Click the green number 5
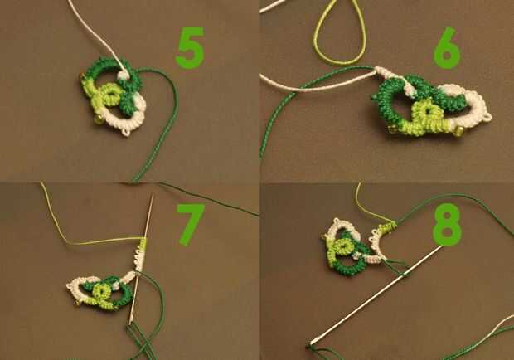click(x=190, y=48)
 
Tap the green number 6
click(x=447, y=48)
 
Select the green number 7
click(x=191, y=224)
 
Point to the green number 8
click(x=447, y=224)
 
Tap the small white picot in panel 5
click(x=126, y=132)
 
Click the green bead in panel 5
click(x=97, y=119)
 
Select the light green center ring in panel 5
click(x=112, y=93)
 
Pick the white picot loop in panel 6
click(x=487, y=117)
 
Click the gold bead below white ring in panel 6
click(x=458, y=132)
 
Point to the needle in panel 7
click(x=141, y=259)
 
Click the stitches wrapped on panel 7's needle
click(x=140, y=254)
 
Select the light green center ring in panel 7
click(x=101, y=290)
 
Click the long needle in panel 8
click(x=376, y=295)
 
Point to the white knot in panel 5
click(x=123, y=75)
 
